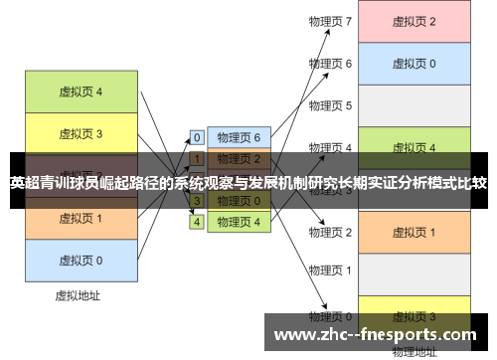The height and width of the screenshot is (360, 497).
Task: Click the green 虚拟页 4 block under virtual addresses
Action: pos(81,91)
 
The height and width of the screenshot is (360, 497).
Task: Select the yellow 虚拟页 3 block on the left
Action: pos(81,132)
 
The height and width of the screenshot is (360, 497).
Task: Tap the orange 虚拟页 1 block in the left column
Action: pos(81,218)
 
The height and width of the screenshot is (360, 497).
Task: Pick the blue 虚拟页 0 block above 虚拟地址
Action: pos(81,260)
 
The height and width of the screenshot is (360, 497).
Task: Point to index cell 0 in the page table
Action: pos(197,137)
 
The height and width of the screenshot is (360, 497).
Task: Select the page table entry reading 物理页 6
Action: pos(238,137)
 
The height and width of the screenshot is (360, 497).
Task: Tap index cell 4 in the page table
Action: pos(197,222)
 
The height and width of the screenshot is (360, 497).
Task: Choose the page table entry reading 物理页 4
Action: pos(238,222)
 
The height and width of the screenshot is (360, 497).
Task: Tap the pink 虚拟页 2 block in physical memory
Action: pos(414,21)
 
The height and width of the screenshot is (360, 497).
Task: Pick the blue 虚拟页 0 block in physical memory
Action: pos(414,63)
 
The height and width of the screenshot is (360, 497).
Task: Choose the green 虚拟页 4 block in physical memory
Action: pos(414,147)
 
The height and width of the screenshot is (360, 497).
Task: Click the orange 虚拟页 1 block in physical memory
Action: pos(414,232)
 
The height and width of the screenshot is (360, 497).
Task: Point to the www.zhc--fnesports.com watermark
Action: pos(378,334)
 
